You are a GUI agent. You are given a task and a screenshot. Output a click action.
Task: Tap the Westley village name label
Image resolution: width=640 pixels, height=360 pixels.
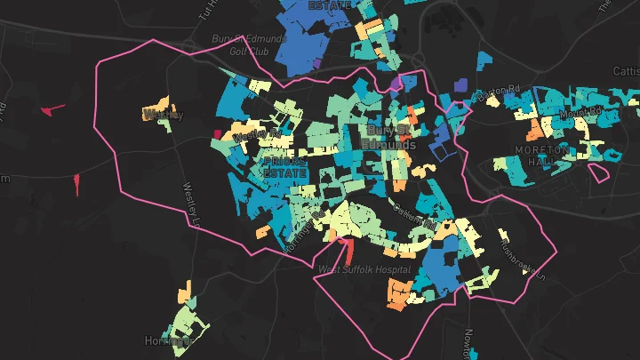[163, 115]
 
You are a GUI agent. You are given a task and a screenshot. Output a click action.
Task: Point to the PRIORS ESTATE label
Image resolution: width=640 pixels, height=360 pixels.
[285, 168]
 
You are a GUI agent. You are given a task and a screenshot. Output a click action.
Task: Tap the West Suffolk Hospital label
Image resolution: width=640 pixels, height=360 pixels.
[364, 268]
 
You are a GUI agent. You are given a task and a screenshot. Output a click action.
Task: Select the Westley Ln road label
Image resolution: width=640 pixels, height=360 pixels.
[193, 204]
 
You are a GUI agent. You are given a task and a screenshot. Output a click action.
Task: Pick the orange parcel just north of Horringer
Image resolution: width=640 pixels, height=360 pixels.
[184, 292]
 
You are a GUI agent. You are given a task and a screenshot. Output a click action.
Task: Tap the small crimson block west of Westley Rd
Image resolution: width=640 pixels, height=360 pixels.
[216, 134]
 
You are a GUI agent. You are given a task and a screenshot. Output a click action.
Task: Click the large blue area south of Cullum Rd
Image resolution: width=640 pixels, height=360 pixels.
[441, 263]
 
